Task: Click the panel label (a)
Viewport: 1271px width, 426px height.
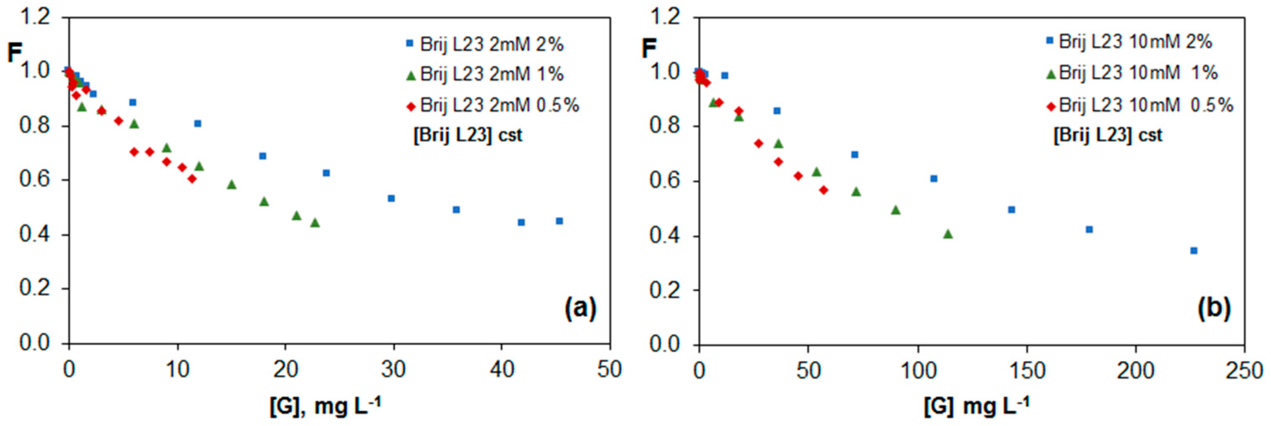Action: (x=580, y=309)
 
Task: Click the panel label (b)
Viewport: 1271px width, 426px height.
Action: (x=1214, y=309)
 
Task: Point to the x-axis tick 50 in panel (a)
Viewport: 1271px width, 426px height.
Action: (x=610, y=370)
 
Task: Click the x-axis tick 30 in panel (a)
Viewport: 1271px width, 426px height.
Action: (x=393, y=370)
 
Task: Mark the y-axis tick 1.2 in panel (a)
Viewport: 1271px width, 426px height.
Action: (x=34, y=18)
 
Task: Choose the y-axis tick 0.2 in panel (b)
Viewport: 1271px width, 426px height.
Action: (x=665, y=290)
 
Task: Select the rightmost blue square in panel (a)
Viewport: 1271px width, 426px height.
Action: (x=559, y=221)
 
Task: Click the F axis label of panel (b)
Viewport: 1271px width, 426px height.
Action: (x=649, y=49)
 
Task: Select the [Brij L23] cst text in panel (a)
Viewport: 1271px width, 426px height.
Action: (x=467, y=135)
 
